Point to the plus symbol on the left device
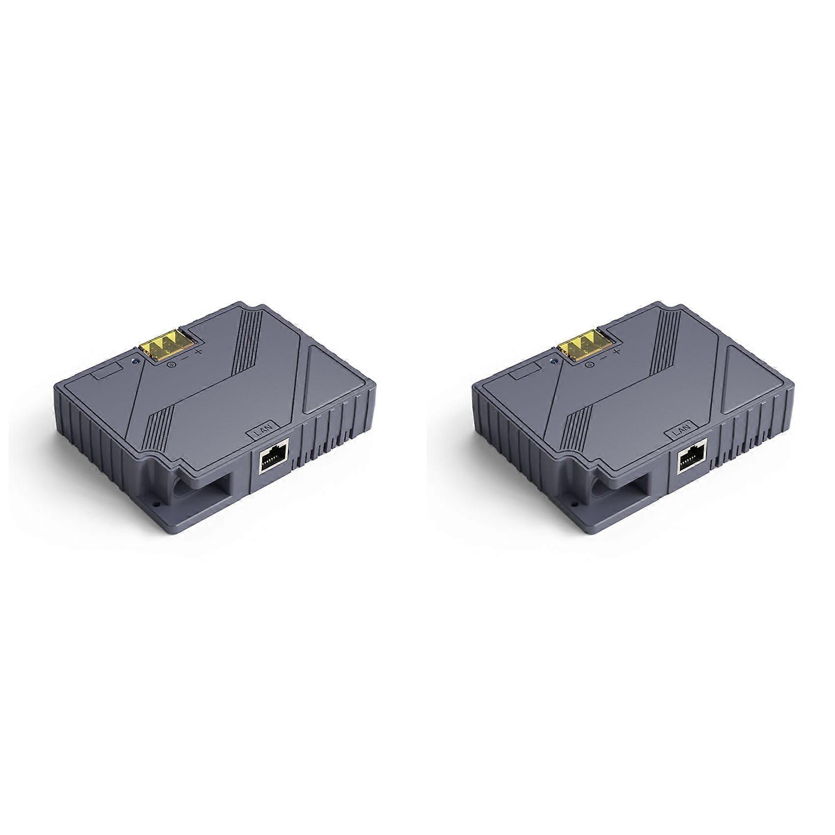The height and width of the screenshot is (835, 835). pyautogui.click(x=198, y=352)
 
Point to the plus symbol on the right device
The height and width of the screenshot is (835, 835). pyautogui.click(x=617, y=352)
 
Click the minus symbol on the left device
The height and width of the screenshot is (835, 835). pyautogui.click(x=185, y=358)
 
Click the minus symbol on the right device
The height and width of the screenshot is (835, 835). pyautogui.click(x=603, y=358)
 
